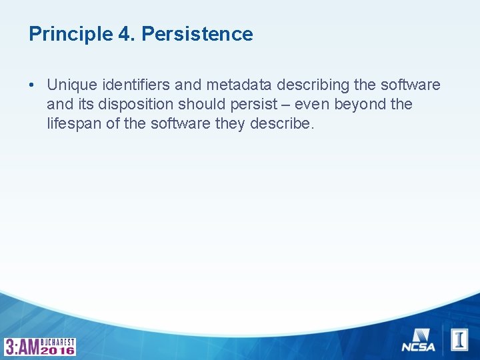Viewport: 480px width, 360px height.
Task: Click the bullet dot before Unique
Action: coord(32,85)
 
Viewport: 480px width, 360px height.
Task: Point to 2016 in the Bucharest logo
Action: coord(57,350)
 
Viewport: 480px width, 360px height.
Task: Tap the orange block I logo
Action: coord(460,339)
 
